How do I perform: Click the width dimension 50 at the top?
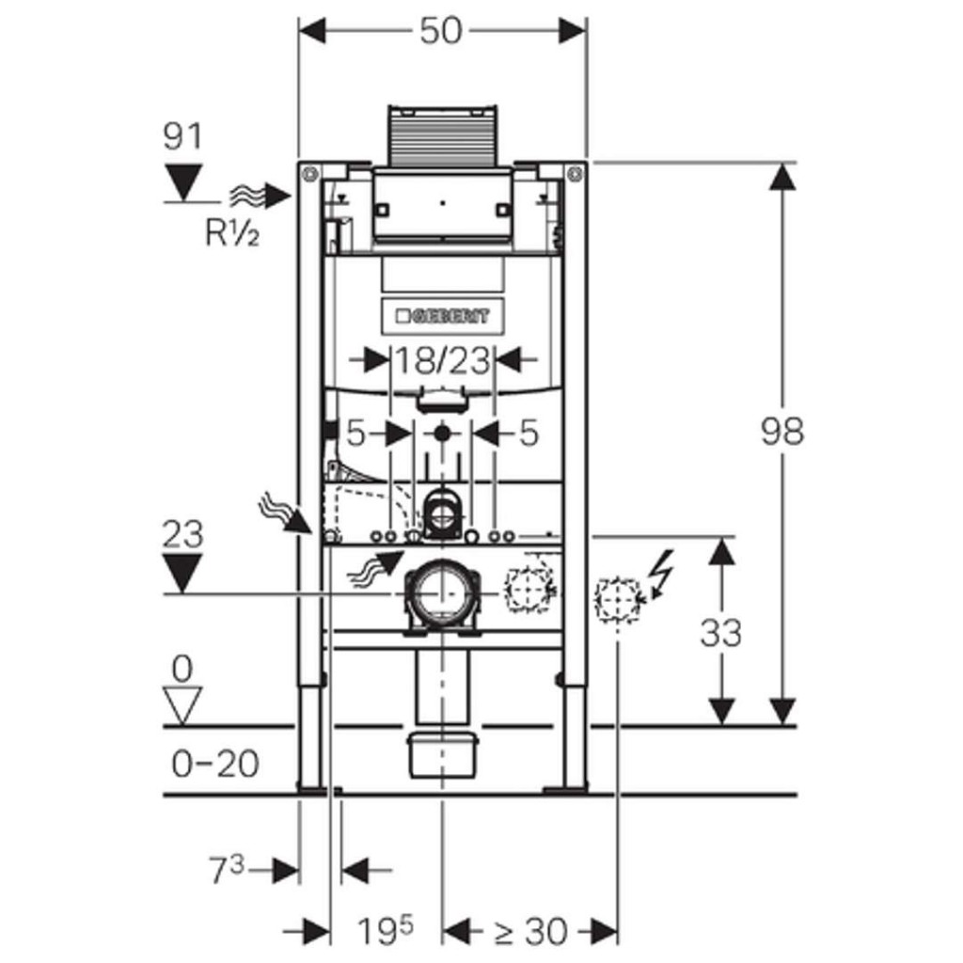coord(441,31)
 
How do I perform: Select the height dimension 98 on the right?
coord(782,432)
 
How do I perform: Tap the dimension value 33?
coord(720,633)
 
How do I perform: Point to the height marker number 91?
coord(183,137)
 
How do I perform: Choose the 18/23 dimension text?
coord(442,359)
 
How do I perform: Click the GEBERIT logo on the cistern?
coord(442,316)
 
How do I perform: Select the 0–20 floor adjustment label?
coord(215,764)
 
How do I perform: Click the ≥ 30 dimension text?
coord(531,932)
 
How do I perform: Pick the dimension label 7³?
coord(227,871)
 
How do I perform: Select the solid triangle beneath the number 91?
coord(183,180)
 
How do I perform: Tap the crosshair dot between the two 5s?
coord(441,434)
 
